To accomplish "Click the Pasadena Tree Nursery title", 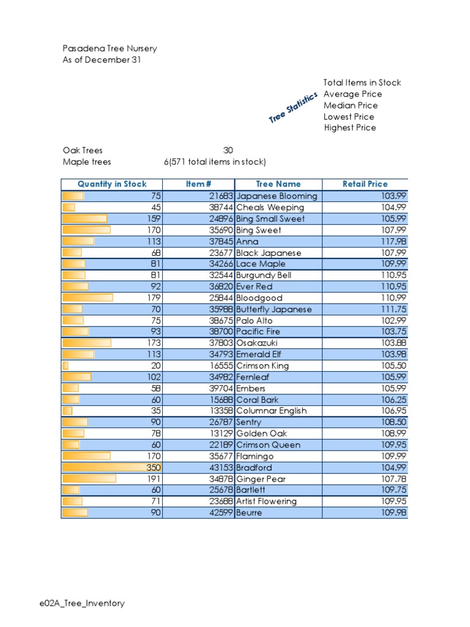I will coord(110,48).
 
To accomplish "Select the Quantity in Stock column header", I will coord(112,184).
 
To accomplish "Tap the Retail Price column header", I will coord(365,184).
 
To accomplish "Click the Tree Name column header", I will coord(278,184).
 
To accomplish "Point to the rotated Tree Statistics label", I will coord(293,107).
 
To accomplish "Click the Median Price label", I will coord(351,105).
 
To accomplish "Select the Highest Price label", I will coord(350,128).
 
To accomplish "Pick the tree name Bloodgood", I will coord(259,298).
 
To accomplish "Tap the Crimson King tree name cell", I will coord(263,366).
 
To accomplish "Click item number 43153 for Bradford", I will coord(218,467).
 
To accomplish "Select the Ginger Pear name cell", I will coord(261,479).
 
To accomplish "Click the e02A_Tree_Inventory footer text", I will coord(81,603).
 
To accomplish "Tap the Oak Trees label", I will coord(83,150).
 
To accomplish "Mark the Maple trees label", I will coord(87,162).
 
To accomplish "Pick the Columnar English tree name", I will coord(271,411).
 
